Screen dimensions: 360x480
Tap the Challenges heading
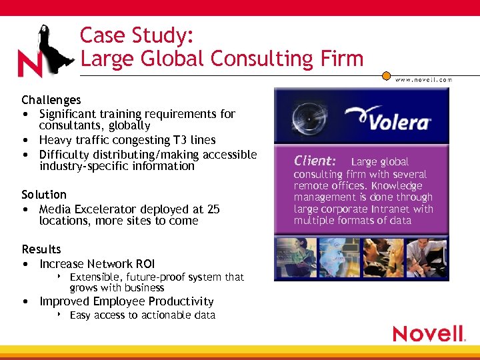51,100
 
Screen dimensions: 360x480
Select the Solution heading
44,195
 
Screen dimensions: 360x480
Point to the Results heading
41,249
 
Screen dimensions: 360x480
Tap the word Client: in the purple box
315,161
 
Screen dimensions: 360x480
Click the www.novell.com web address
423,79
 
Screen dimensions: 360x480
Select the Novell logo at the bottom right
429,333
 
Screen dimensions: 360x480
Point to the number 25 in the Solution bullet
213,209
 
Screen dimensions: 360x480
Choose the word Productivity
181,301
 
